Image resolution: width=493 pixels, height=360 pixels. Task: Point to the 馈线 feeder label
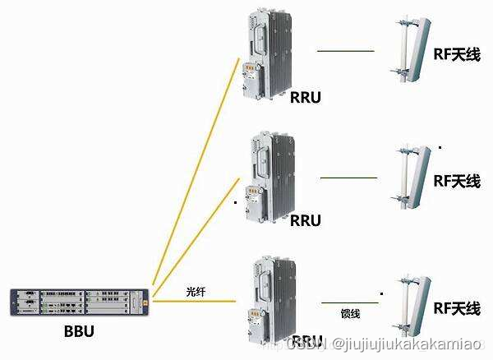click(x=351, y=312)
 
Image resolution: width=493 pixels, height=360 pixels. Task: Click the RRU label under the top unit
click(x=306, y=98)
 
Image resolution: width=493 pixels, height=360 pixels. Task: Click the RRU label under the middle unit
click(x=306, y=220)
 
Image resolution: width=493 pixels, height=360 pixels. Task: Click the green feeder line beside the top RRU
click(x=346, y=51)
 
